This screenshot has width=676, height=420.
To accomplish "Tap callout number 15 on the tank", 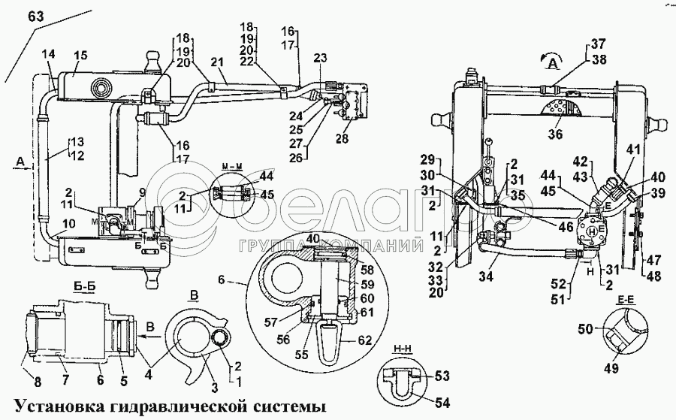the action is point(80,55).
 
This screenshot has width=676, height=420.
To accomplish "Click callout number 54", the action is point(443,403).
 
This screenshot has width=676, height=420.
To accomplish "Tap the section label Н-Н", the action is point(400,349).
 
